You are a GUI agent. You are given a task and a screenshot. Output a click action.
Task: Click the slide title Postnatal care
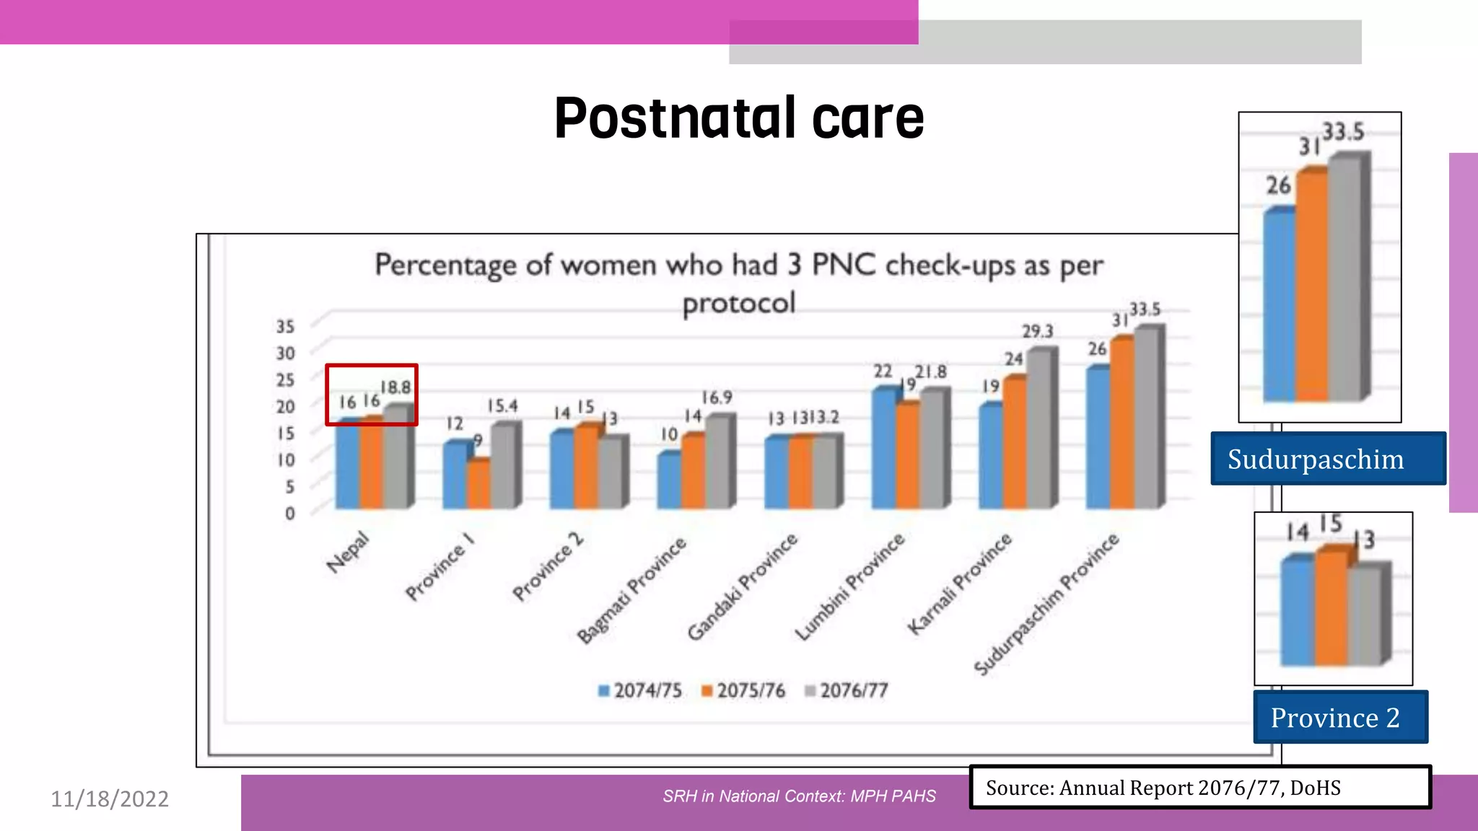coord(738,118)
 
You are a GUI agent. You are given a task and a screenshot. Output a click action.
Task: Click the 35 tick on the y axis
coord(286,327)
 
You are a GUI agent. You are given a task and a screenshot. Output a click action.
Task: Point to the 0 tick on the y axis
coord(289,513)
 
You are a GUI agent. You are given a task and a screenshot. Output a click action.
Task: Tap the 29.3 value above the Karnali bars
coord(1037,331)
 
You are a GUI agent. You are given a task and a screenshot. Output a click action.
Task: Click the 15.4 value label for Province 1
coord(502,405)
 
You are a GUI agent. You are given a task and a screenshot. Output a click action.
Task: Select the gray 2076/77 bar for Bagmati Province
coord(718,462)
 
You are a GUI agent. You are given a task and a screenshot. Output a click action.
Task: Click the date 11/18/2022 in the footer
coord(110,799)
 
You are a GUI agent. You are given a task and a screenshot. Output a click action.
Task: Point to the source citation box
coord(1199,787)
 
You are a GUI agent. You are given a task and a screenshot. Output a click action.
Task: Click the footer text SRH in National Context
coord(799,796)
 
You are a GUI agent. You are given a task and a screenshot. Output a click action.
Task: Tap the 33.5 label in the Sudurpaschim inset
coord(1342,132)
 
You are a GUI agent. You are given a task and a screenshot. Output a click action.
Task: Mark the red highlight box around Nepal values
coord(371,366)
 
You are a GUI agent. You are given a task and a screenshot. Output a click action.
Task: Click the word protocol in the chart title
coord(738,303)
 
